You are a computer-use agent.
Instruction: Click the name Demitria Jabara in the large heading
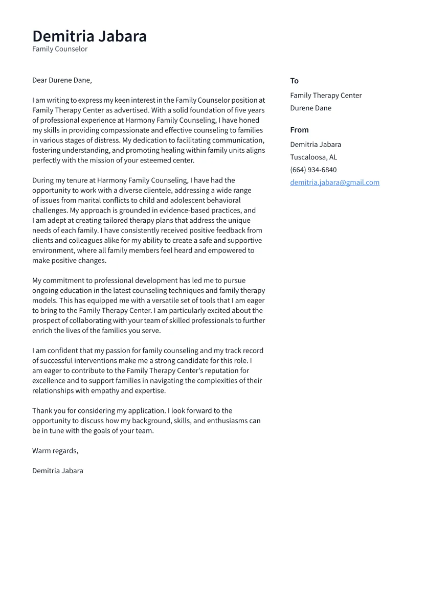[x=89, y=36]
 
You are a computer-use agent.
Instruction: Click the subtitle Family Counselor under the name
[x=60, y=49]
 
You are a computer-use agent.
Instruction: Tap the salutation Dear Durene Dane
[x=62, y=80]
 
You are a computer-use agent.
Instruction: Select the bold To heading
[x=294, y=81]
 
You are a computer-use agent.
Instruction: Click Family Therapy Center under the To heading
[x=326, y=96]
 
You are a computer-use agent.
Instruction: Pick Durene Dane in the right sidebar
[x=310, y=108]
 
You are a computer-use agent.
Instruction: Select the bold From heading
[x=299, y=130]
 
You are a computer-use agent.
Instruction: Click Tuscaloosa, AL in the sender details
[x=313, y=157]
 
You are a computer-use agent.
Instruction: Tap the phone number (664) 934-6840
[x=313, y=170]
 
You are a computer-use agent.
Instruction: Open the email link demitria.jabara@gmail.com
[x=334, y=182]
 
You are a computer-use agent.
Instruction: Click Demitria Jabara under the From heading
[x=316, y=145]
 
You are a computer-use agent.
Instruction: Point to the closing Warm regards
[x=55, y=451]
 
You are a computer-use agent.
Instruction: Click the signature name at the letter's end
[x=58, y=471]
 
